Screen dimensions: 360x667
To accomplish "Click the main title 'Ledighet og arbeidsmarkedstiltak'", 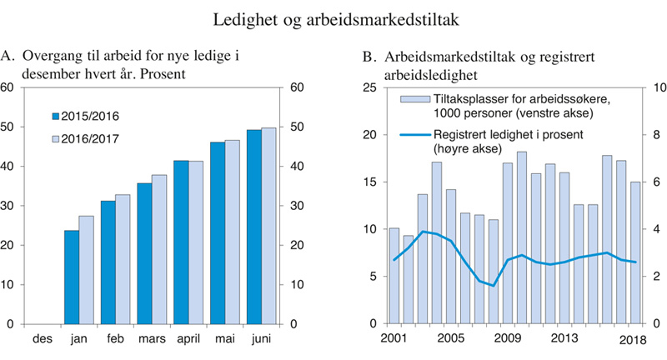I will pyautogui.click(x=333, y=18).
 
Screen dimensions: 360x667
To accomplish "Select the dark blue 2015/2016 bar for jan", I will pyautogui.click(x=71, y=277).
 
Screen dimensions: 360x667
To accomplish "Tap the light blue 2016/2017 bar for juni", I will pyautogui.click(x=268, y=225).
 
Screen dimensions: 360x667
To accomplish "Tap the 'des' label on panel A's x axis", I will pyautogui.click(x=43, y=340).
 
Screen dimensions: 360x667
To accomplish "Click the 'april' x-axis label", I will pyautogui.click(x=187, y=340).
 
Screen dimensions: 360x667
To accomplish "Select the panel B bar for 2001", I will pyautogui.click(x=394, y=275).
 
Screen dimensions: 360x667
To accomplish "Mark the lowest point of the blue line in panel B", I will pyautogui.click(x=494, y=286).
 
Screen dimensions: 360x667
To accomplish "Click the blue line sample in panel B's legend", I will pyautogui.click(x=413, y=135).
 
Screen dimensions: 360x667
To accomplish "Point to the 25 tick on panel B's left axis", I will pyautogui.click(x=371, y=87).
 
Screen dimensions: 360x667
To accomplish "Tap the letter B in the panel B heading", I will pyautogui.click(x=368, y=57).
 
